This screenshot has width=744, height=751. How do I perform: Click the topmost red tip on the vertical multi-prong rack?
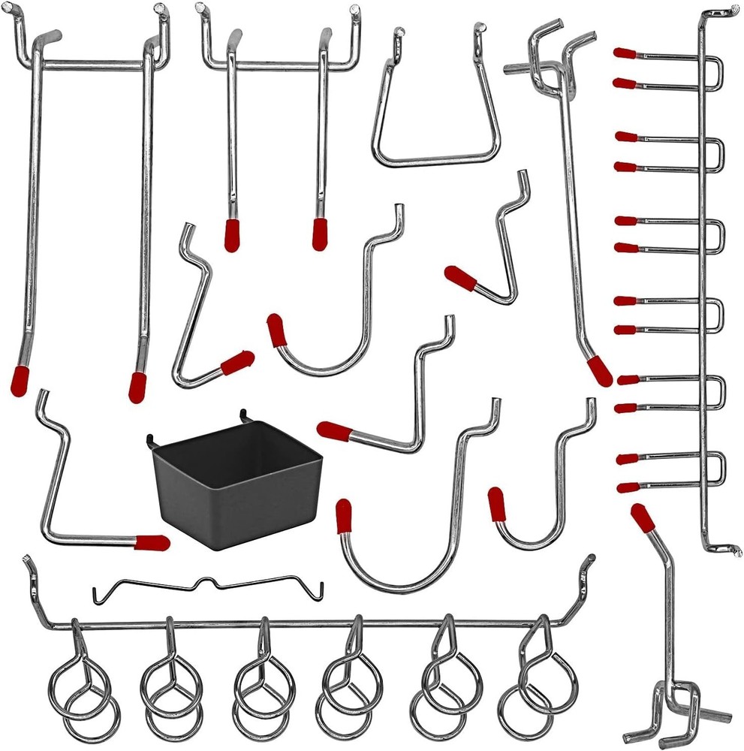[x=625, y=53]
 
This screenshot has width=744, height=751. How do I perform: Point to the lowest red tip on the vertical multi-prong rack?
[x=628, y=487]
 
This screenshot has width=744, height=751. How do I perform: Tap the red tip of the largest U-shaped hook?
[x=344, y=516]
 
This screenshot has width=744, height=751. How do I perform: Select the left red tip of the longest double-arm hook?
[x=20, y=381]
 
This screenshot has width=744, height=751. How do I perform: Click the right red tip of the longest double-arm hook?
[x=137, y=386]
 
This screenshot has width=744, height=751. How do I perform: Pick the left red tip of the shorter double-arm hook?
[x=232, y=234]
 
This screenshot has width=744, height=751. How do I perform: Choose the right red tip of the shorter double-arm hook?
[x=321, y=234]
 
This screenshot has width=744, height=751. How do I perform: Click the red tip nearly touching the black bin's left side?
[x=152, y=542]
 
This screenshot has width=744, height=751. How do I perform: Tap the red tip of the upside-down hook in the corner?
[x=642, y=517]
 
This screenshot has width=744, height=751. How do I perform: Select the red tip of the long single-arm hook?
[x=599, y=371]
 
